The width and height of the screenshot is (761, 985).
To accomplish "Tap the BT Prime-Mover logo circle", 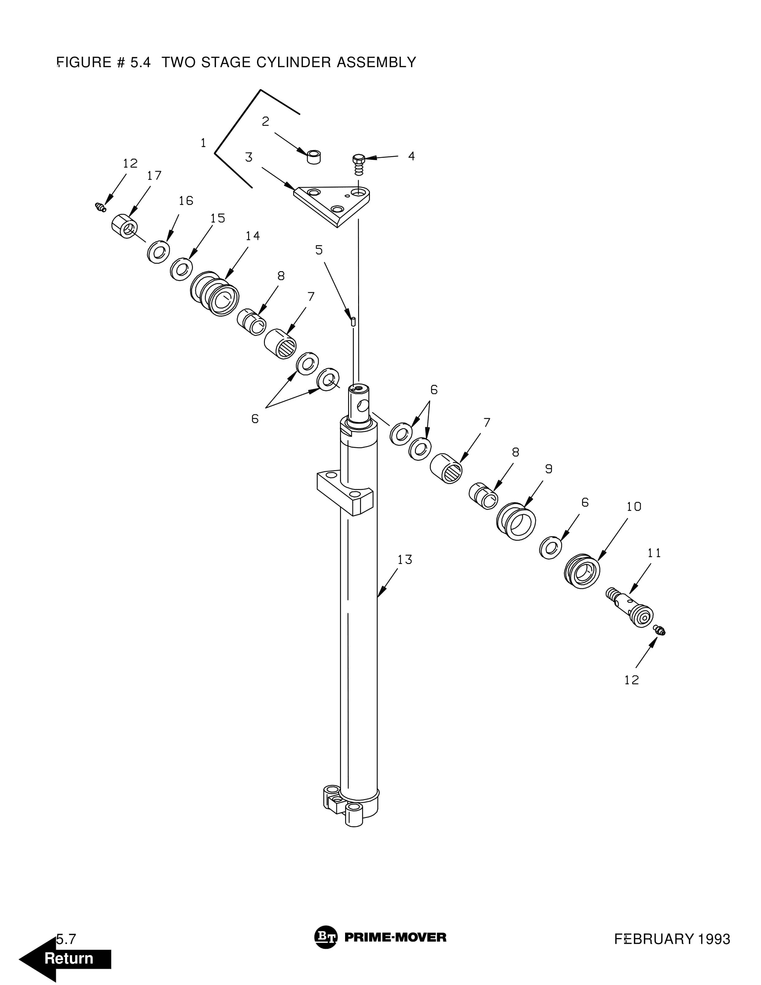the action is (x=325, y=937).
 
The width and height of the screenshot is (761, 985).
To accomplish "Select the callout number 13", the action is (x=404, y=560).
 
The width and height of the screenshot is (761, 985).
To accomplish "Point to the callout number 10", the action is (x=634, y=506).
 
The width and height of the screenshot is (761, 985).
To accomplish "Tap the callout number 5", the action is (x=319, y=250).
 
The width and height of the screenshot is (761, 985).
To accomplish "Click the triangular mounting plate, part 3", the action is (x=332, y=206).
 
